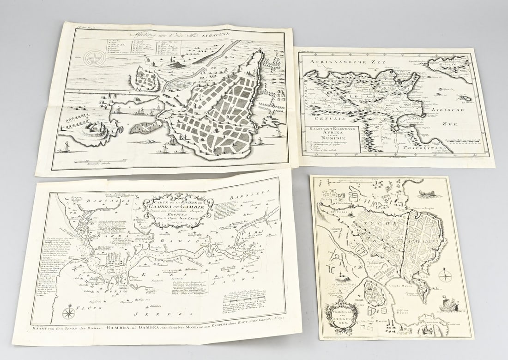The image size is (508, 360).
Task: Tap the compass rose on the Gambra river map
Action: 69,312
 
